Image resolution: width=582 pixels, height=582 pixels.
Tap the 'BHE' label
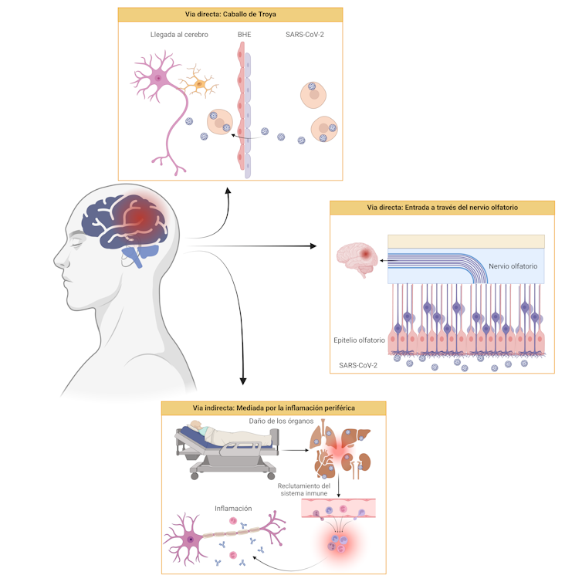243,35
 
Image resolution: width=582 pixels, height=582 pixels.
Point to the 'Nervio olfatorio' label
513,266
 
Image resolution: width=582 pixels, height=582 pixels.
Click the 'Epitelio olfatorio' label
360,340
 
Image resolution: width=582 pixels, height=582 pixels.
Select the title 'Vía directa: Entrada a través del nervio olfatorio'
442,208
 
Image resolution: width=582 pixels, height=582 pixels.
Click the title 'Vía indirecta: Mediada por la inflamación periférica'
273,408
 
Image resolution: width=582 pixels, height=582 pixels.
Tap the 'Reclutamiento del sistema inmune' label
303,489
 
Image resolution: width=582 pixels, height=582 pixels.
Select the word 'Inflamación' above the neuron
234,508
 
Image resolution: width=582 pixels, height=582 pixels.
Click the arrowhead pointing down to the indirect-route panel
244,381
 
